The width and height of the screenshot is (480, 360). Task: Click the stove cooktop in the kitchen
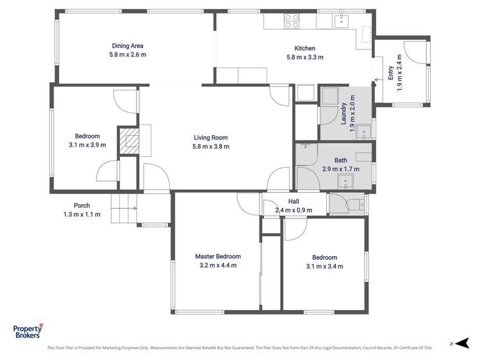point(292,22)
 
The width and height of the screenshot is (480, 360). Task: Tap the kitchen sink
point(342,22)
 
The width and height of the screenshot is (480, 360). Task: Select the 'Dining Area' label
point(128,45)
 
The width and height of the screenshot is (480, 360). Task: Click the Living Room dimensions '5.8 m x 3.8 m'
point(211,146)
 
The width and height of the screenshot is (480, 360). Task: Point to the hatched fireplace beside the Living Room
point(130,141)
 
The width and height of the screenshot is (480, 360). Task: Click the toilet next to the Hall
point(356,205)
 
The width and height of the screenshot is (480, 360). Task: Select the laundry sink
point(365,133)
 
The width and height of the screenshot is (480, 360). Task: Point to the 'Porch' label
point(82,206)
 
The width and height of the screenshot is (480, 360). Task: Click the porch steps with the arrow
point(125,208)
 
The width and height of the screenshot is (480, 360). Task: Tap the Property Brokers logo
point(28,331)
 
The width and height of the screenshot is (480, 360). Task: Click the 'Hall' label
point(294,201)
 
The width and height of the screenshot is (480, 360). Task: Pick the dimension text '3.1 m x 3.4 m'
point(324,266)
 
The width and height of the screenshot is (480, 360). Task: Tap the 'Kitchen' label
point(304,49)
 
